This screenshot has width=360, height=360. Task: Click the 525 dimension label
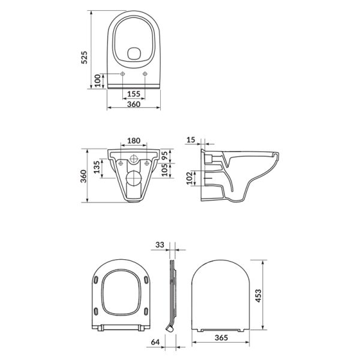85,58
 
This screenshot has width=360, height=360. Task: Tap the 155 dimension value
134,94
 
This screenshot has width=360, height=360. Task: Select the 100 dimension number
98,80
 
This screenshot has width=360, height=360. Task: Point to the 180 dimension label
134,140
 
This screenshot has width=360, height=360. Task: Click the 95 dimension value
164,156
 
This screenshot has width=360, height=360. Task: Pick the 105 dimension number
164,170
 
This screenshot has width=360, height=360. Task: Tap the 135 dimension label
97,167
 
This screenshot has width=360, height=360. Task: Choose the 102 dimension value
189,178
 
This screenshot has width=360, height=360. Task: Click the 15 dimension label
191,140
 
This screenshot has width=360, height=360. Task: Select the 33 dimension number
160,245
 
